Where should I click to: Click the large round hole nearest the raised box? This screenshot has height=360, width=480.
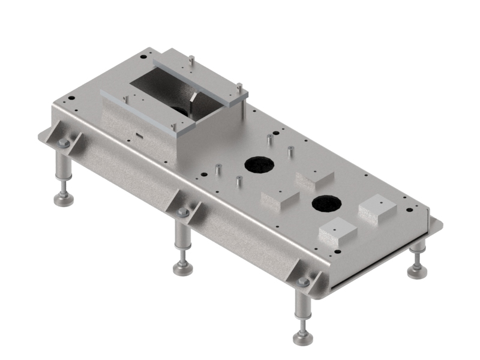pyautogui.click(x=259, y=163)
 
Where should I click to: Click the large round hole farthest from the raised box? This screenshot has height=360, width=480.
pyautogui.click(x=326, y=204)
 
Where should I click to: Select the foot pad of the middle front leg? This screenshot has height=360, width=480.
pyautogui.click(x=183, y=268)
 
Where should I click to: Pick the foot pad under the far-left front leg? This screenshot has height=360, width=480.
pyautogui.click(x=63, y=199)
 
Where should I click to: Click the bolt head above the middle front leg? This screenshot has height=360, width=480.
pyautogui.click(x=182, y=212)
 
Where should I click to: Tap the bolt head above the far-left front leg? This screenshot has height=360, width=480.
pyautogui.click(x=63, y=143)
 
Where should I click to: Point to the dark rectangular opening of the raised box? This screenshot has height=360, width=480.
pyautogui.click(x=162, y=90)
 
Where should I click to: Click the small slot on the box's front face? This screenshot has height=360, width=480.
pyautogui.click(x=139, y=135)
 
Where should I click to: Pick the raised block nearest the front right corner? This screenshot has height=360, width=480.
pyautogui.click(x=338, y=230)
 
